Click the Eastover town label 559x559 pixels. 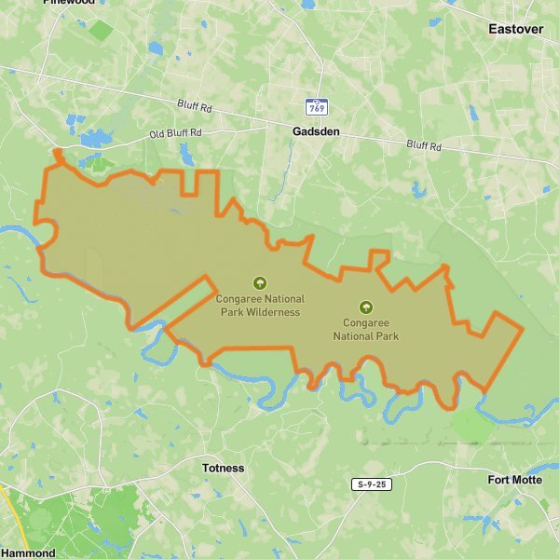click(x=515, y=30)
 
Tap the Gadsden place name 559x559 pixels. click(x=316, y=132)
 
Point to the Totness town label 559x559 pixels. click(x=224, y=468)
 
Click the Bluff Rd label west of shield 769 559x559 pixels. click(x=195, y=107)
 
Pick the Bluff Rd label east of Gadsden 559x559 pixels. click(x=423, y=146)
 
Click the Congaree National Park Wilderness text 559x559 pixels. click(x=260, y=306)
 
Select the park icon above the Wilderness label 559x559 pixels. click(x=260, y=282)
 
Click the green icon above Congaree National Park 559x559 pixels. click(x=365, y=307)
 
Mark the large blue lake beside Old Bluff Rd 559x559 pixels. click(x=95, y=140)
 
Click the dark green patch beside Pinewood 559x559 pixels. click(x=101, y=30)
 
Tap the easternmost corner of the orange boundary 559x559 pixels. click(x=523, y=329)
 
